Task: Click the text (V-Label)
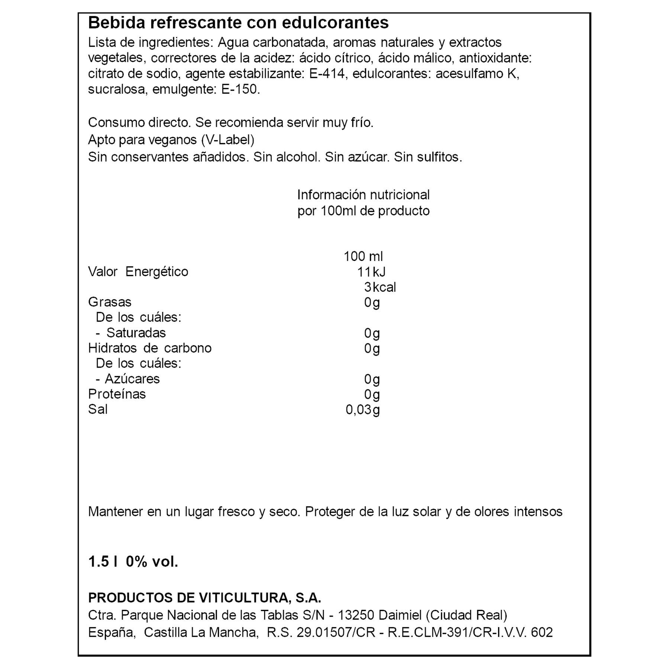(x=227, y=140)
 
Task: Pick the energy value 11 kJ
(x=371, y=272)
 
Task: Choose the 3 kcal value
(x=380, y=287)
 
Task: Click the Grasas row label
(x=110, y=302)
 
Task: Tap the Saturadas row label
(x=136, y=333)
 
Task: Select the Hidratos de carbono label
(x=150, y=348)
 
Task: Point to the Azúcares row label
(x=132, y=379)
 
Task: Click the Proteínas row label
(x=117, y=394)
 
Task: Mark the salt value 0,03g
(x=363, y=410)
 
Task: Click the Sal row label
(x=98, y=409)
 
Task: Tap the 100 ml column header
(x=363, y=256)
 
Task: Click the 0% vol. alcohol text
(x=152, y=562)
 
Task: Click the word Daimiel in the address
(x=400, y=615)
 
